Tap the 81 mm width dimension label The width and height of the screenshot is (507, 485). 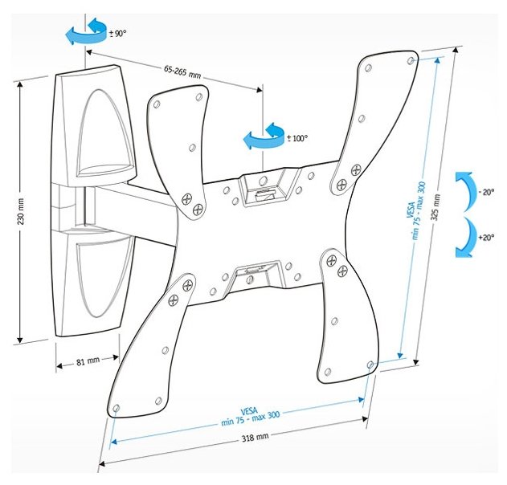(x=87, y=362)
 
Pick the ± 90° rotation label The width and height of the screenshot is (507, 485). (x=117, y=33)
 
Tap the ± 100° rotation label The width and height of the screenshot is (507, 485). (x=297, y=138)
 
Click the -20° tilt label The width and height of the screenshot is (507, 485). (x=485, y=193)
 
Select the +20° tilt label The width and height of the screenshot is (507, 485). (x=485, y=238)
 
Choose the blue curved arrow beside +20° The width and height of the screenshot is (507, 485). (x=464, y=238)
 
